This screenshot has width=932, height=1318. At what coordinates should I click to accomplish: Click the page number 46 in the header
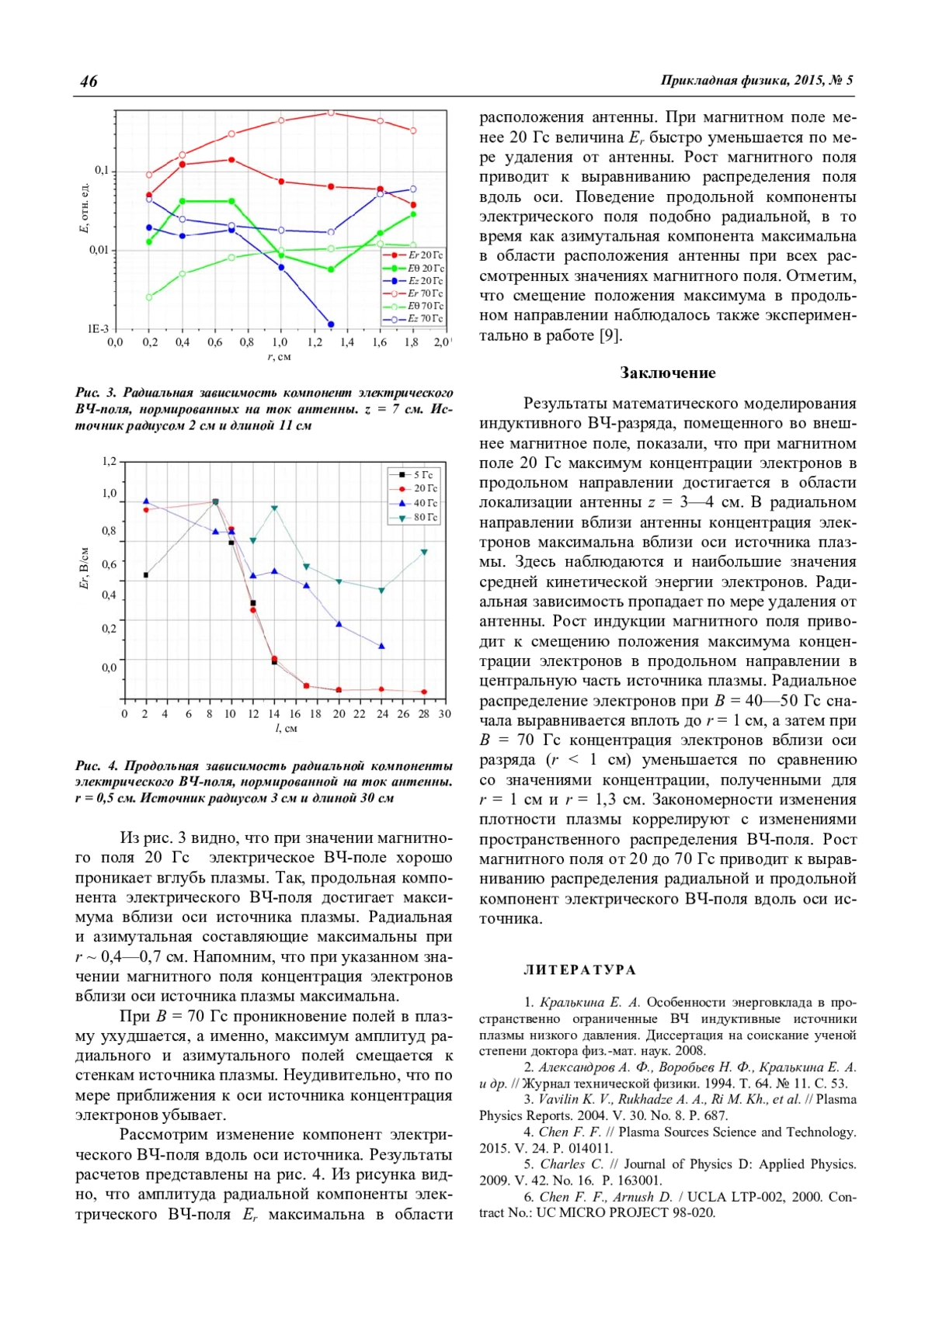(x=89, y=82)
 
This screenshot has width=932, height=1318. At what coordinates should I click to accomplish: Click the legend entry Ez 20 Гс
(x=426, y=281)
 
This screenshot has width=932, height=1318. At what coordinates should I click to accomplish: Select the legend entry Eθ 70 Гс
(x=426, y=306)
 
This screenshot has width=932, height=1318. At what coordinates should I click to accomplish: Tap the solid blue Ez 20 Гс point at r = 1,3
(x=331, y=324)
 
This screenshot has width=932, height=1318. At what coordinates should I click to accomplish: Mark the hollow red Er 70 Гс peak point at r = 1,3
(x=331, y=113)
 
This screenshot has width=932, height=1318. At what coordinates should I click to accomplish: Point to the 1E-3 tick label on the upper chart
(x=98, y=329)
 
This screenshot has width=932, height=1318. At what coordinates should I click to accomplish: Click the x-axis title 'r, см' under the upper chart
(x=279, y=357)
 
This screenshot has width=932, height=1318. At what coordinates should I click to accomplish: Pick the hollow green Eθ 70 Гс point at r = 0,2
(x=149, y=297)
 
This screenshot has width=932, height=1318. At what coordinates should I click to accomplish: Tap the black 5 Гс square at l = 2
(x=146, y=575)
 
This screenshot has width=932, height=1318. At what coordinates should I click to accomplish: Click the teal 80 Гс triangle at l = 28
(x=424, y=552)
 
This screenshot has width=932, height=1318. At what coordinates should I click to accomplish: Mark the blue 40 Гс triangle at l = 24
(x=381, y=646)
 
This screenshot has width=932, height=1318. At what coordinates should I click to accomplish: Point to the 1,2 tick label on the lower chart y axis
(x=110, y=462)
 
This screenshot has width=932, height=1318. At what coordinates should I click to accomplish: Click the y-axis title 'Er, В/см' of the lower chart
(x=84, y=567)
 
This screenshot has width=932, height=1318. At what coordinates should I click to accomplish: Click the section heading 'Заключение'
(x=668, y=373)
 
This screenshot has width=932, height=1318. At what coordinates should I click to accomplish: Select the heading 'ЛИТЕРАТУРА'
(x=580, y=970)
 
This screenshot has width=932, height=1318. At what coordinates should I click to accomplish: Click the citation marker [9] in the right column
(x=610, y=335)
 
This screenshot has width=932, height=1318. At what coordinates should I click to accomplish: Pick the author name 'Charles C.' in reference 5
(x=571, y=1164)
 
